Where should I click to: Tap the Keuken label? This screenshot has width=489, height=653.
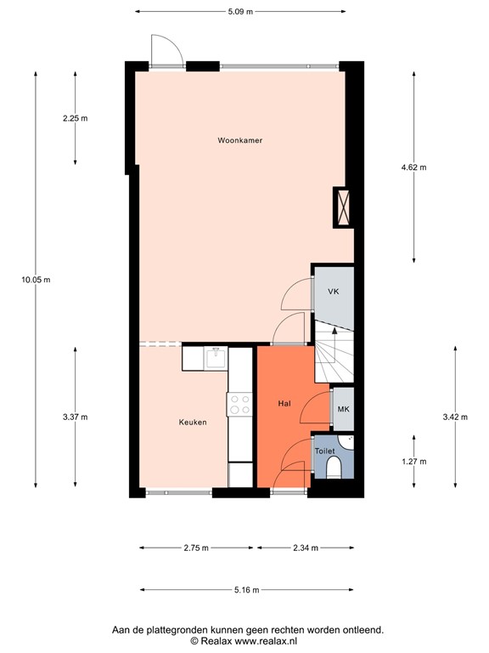coord(193,422)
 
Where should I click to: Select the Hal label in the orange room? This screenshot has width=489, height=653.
coord(285,404)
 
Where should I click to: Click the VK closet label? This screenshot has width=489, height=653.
coord(334,292)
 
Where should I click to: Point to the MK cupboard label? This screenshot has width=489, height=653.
coord(343,410)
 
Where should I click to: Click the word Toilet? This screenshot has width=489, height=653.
coord(324,451)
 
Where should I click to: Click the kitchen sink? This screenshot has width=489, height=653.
coord(216,358)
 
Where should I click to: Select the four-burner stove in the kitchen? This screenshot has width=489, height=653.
coord(239,404)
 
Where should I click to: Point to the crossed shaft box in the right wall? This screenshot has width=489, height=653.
coord(344,206)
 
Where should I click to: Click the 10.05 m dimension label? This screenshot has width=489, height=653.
coord(37,280)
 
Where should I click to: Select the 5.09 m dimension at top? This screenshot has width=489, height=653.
coord(241,13)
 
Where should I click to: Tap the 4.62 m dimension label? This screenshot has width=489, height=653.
coord(413,168)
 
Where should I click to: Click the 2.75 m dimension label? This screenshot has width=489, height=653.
coord(196,548)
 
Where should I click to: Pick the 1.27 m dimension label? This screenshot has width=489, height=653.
coord(413,462)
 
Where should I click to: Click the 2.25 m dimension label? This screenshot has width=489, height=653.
coord(76,119)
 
